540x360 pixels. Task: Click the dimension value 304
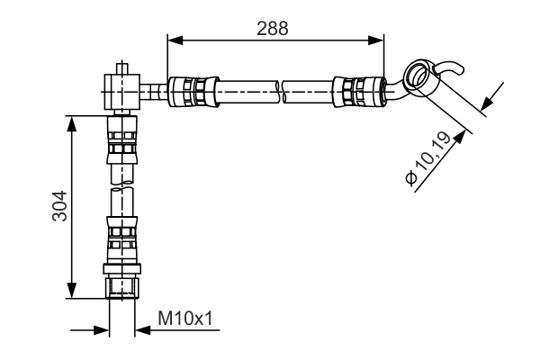tap(59, 207)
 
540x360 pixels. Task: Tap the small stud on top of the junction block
tap(121, 67)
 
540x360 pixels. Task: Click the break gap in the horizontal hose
tap(279, 89)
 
